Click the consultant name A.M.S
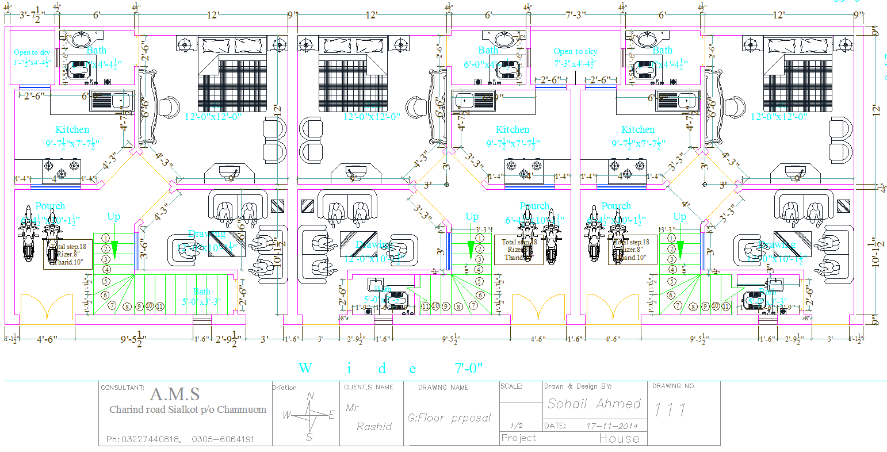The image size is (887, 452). pyautogui.click(x=175, y=394)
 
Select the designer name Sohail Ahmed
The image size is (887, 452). pyautogui.click(x=594, y=404)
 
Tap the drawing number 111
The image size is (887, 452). pyautogui.click(x=670, y=410)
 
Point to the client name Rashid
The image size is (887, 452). pyautogui.click(x=374, y=427)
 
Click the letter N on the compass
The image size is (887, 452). pyautogui.click(x=311, y=396)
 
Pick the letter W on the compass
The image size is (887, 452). pyautogui.click(x=287, y=416)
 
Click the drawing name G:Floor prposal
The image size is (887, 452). pyautogui.click(x=449, y=417)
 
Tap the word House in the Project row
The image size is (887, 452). pyautogui.click(x=619, y=439)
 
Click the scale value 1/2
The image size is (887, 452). pyautogui.click(x=516, y=426)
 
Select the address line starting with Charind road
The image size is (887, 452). pyautogui.click(x=188, y=410)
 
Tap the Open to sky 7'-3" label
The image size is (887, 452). pyautogui.click(x=575, y=52)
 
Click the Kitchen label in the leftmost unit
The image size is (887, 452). pyautogui.click(x=72, y=130)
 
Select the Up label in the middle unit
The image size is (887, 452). pyautogui.click(x=472, y=217)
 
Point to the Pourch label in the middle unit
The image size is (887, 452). pyautogui.click(x=534, y=206)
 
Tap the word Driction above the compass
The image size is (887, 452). pyautogui.click(x=284, y=388)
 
